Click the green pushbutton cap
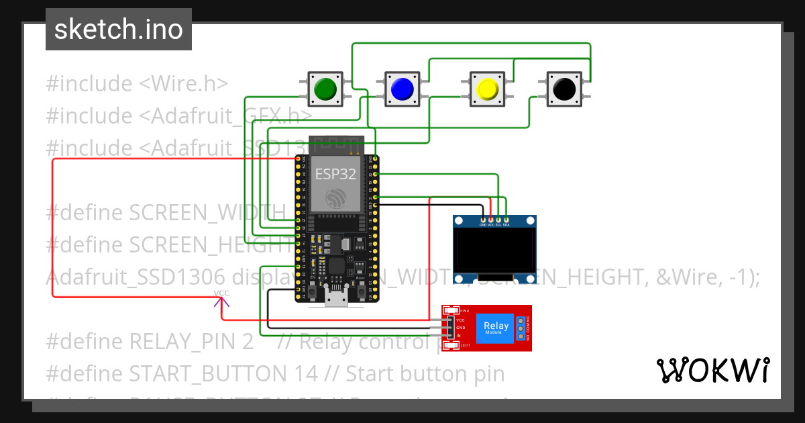pyautogui.click(x=325, y=89)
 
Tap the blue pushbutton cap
pyautogui.click(x=402, y=89)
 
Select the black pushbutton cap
pyautogui.click(x=564, y=89)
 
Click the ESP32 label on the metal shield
pyautogui.click(x=336, y=175)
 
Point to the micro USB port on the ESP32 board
pyautogui.click(x=336, y=297)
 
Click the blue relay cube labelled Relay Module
pyautogui.click(x=496, y=328)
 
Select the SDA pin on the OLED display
pyautogui.click(x=506, y=220)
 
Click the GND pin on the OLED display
pyautogui.click(x=483, y=220)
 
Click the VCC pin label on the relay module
pyautogui.click(x=460, y=320)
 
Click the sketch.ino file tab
pyautogui.click(x=119, y=30)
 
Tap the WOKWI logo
pyautogui.click(x=712, y=370)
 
